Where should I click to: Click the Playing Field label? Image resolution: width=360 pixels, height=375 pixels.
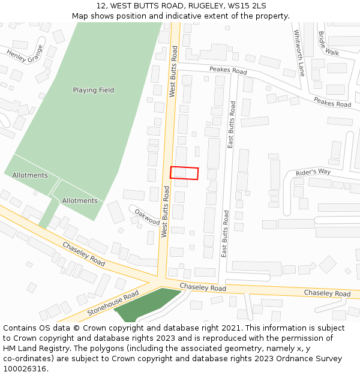(93, 90)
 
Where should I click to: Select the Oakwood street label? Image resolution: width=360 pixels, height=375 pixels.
(147, 217)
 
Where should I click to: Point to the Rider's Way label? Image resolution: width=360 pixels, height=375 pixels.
(313, 172)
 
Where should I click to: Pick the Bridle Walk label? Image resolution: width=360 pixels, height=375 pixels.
(328, 43)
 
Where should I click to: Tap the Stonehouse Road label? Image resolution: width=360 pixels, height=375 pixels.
(113, 303)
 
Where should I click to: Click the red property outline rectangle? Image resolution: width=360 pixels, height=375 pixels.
(184, 173)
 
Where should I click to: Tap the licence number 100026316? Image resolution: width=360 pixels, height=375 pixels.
(26, 368)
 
